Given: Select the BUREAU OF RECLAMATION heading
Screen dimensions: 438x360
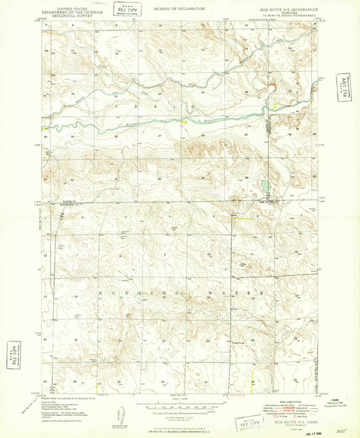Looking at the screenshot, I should coord(178,7).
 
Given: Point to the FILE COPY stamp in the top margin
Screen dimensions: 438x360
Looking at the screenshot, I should coord(127,9).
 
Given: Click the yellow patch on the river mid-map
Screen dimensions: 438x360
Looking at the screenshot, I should coord(183,122).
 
